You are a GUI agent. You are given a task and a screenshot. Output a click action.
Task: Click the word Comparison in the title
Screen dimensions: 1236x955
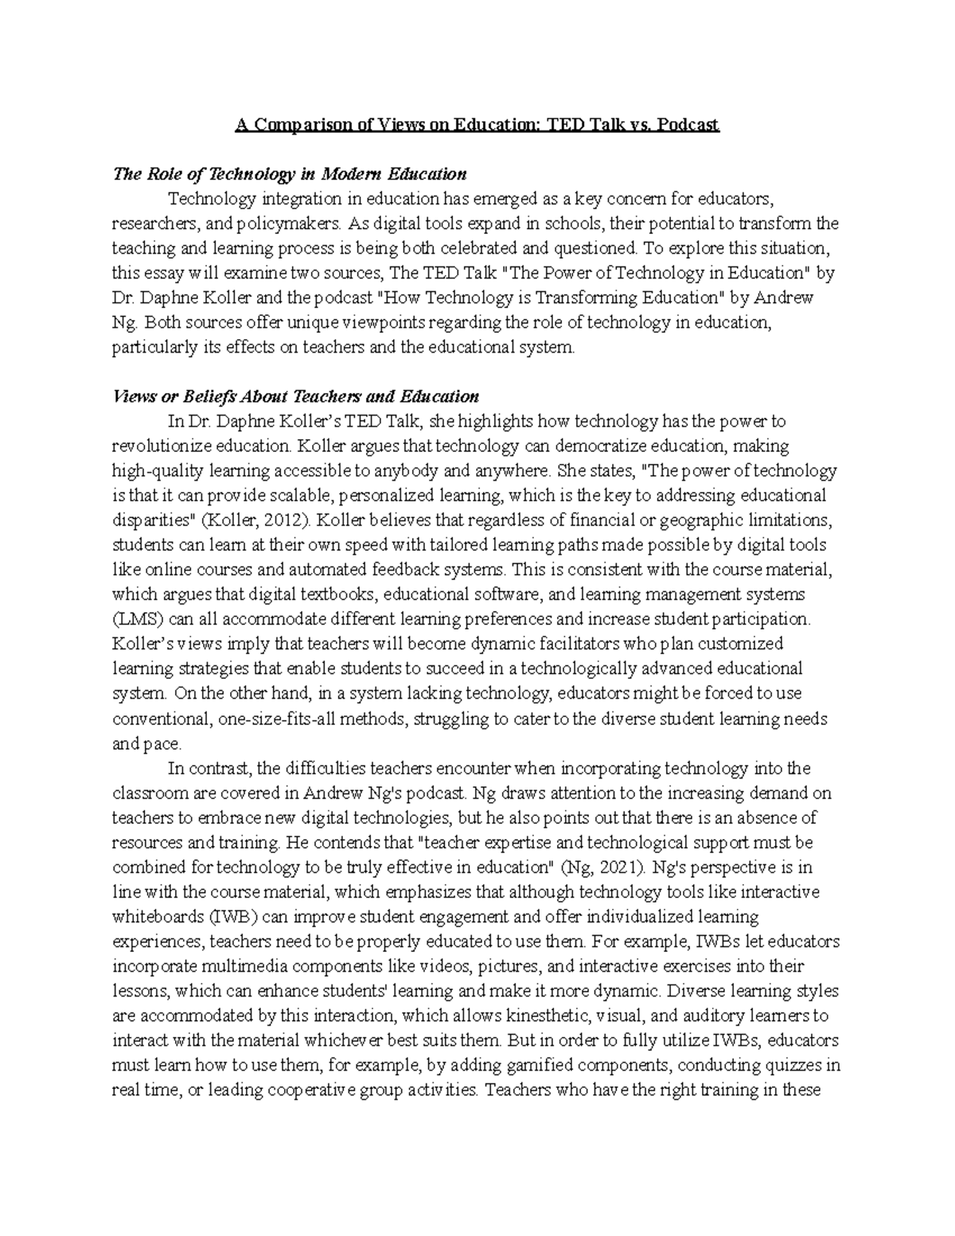coord(306,125)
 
